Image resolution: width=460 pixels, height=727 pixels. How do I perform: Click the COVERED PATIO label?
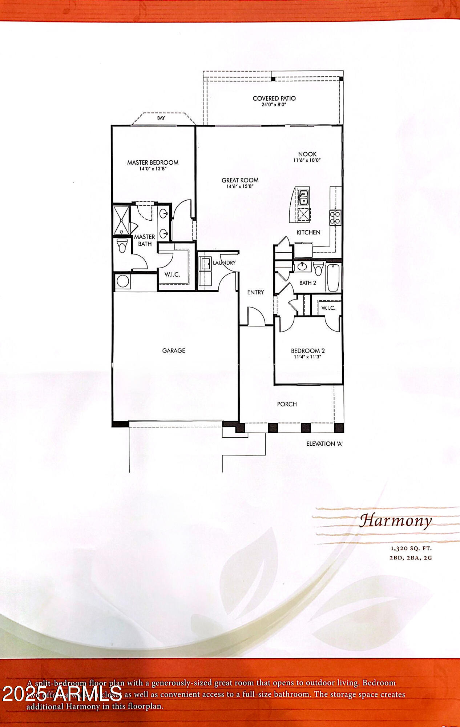tap(274, 99)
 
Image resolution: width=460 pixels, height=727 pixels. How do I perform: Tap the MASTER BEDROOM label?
tap(153, 162)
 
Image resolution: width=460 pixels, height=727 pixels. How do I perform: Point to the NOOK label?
tap(307, 154)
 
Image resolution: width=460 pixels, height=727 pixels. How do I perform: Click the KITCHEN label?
tap(308, 232)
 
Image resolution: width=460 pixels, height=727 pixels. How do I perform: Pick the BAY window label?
tap(161, 118)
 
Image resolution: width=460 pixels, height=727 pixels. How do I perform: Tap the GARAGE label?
tap(173, 350)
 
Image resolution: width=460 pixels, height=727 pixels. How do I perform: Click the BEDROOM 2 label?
tap(307, 351)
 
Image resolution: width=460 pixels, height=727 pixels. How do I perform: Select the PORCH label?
tap(287, 404)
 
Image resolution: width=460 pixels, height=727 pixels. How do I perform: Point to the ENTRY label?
tap(255, 292)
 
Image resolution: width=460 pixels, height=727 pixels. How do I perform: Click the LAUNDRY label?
tap(224, 263)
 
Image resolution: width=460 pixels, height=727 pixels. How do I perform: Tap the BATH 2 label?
tap(307, 283)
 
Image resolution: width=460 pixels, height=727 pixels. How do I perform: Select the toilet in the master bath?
tap(122, 246)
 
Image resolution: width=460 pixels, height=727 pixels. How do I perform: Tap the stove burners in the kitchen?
tap(335, 218)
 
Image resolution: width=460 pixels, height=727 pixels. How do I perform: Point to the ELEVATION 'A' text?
tap(324, 444)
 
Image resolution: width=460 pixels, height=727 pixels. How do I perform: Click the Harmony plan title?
tap(396, 521)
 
